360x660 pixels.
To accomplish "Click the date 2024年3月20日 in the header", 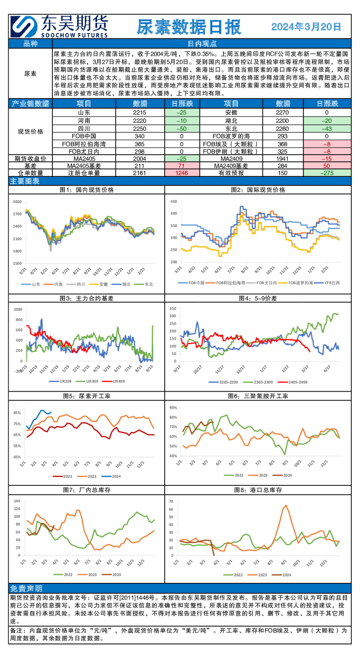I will [306, 27].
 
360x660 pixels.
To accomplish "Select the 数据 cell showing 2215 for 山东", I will [140, 113].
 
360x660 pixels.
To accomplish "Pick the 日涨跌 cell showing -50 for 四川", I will [181, 129].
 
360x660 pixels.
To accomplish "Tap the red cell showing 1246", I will [181, 173].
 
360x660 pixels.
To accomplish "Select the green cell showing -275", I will [327, 173].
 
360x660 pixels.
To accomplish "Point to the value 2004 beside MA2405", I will [140, 158].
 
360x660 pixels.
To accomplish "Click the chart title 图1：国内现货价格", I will [87, 189].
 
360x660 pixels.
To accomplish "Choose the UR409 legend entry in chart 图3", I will [120, 381].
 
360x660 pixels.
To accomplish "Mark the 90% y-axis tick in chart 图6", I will [173, 408].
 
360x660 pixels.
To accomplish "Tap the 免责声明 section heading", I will [26, 588].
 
